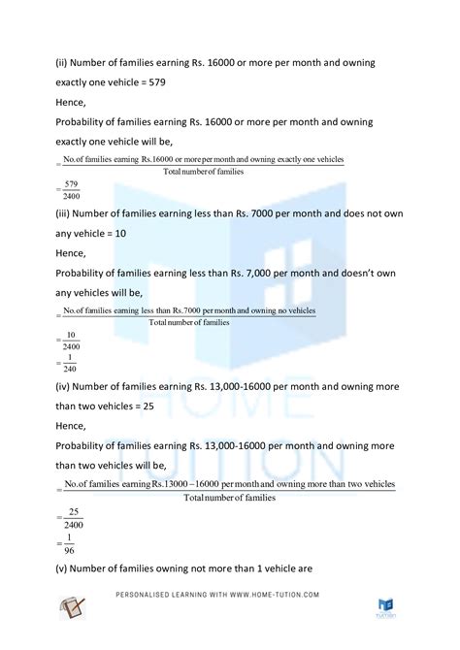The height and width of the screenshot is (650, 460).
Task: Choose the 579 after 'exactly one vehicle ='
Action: click(x=155, y=82)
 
